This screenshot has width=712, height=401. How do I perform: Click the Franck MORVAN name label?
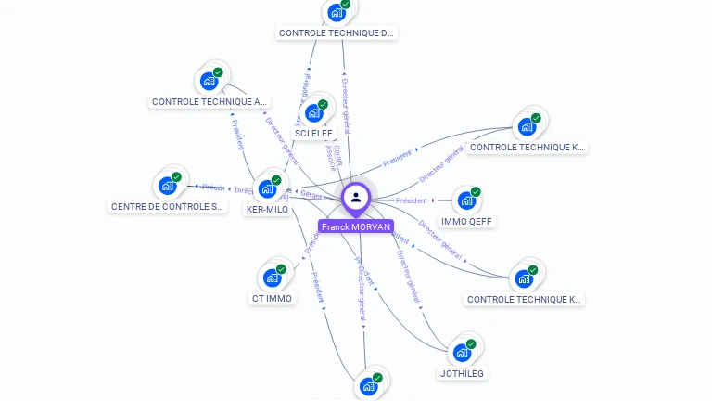pos(356,226)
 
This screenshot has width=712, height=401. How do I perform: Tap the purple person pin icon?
pos(356,198)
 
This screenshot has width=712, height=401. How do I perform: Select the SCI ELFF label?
pos(313,133)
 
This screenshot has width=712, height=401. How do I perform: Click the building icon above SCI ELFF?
pos(314,112)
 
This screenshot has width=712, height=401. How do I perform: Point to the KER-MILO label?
pos(268,210)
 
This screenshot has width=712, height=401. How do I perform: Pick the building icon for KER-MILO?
pos(268,188)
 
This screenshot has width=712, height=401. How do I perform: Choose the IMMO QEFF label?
pos(467,222)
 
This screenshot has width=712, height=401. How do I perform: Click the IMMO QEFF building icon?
pos(466,200)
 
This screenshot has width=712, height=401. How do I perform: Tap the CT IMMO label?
pos(272,299)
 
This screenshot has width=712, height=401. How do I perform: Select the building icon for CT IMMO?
pos(273,278)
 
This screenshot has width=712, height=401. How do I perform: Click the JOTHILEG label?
pos(462,373)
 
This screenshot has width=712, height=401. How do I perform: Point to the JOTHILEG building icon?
pos(462,352)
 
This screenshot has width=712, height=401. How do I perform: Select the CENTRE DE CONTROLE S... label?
pos(169,207)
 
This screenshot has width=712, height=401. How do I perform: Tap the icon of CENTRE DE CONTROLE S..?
pos(168,186)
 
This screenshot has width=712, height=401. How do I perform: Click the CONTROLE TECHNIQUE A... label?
pos(210,102)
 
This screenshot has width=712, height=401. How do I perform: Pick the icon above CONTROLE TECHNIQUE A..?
pos(210,81)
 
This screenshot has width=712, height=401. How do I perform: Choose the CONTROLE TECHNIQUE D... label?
pos(337,33)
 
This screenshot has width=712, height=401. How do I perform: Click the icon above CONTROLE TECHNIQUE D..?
pos(337,13)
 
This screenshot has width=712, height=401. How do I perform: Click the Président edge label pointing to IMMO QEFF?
pos(412,200)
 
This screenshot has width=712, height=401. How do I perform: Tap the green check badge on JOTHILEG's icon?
pos(471,344)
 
